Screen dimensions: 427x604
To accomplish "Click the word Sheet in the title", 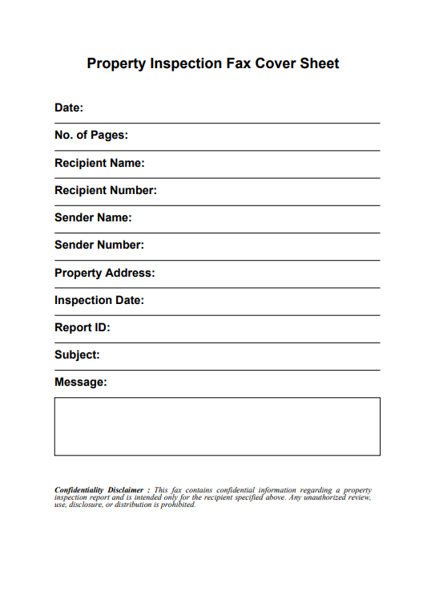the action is click(x=320, y=63).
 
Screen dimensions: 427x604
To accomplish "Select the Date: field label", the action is click(x=69, y=107).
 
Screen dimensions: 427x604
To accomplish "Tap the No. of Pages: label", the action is click(x=91, y=136).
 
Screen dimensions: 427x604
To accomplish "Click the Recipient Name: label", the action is click(x=99, y=163).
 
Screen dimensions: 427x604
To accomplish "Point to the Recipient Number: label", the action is click(x=106, y=190).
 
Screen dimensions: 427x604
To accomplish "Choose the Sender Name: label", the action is click(x=93, y=217).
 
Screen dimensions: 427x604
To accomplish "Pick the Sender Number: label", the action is click(x=99, y=245).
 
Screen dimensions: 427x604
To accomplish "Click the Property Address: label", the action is click(x=105, y=273).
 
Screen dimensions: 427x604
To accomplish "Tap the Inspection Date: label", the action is click(x=99, y=300).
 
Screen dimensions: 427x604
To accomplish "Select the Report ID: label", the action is click(x=83, y=327).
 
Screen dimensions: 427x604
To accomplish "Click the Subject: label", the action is click(x=77, y=355).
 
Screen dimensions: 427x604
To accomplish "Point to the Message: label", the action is click(x=80, y=382).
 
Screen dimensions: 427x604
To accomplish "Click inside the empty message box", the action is click(x=217, y=426).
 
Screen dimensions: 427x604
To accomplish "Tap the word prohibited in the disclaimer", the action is click(x=176, y=505).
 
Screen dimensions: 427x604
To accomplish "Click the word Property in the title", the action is click(x=117, y=63).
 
